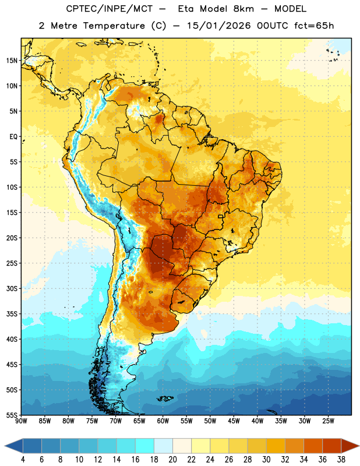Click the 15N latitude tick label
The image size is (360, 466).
click(12, 61)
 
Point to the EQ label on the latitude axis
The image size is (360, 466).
click(13, 137)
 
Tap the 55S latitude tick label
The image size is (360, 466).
click(12, 415)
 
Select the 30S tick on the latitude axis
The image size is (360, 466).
click(12, 288)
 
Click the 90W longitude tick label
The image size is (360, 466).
click(21, 421)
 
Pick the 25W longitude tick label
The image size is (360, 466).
click(328, 421)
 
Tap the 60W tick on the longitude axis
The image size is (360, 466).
click(163, 421)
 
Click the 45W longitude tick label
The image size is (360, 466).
click(234, 421)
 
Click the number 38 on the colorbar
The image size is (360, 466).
click(341, 460)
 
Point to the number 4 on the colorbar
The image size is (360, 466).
click(23, 460)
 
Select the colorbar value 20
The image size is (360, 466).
click(172, 460)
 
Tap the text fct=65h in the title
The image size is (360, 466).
click(314, 26)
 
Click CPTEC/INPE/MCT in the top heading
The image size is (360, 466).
click(109, 9)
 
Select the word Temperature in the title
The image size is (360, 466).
click(114, 26)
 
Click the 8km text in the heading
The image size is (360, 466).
click(243, 9)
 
